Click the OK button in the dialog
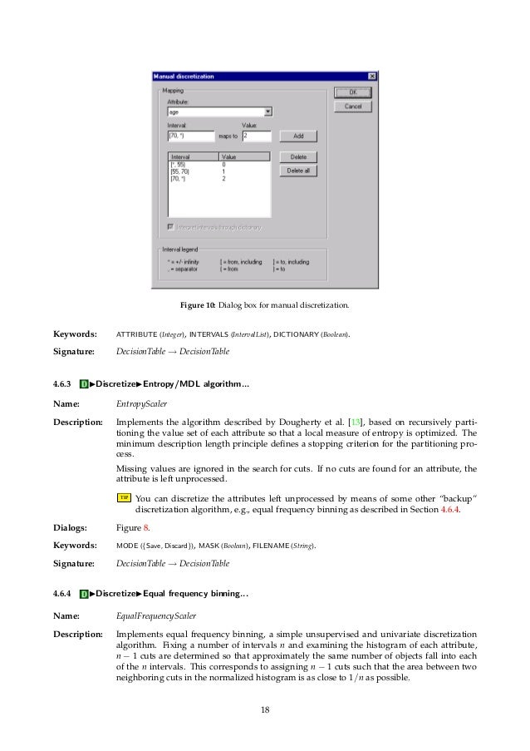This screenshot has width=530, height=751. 352,92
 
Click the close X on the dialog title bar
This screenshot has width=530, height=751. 371,77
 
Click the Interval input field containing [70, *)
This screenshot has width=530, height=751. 190,136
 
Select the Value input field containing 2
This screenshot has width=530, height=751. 257,136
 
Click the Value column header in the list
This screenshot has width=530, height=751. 243,156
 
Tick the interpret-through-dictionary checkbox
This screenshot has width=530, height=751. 171,226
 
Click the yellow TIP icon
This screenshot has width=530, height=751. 124,497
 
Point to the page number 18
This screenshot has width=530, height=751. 265,709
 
